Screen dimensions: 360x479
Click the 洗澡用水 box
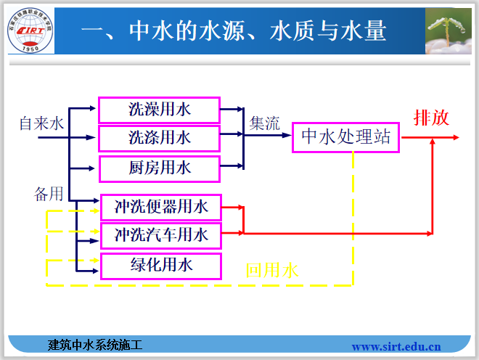pyautogui.click(x=159, y=110)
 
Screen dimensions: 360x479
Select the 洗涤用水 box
pyautogui.click(x=159, y=136)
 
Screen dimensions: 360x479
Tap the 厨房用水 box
pyautogui.click(x=159, y=168)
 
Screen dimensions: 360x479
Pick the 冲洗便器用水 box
pyautogui.click(x=160, y=207)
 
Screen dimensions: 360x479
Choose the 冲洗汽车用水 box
pyautogui.click(x=160, y=234)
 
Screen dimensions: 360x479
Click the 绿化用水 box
pyautogui.click(x=160, y=266)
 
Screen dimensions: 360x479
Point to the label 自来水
pyautogui.click(x=41, y=123)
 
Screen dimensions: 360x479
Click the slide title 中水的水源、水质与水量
pyautogui.click(x=233, y=30)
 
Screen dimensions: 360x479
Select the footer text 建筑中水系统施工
pyautogui.click(x=94, y=345)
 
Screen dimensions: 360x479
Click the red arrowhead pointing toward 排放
pyautogui.click(x=433, y=143)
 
